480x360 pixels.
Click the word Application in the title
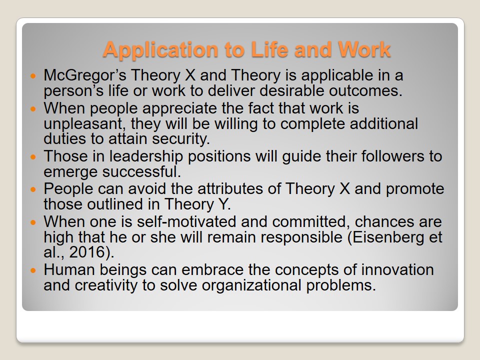(161, 50)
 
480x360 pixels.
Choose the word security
(181, 138)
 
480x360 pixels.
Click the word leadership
(146, 156)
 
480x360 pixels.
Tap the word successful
(141, 171)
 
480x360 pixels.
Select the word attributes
(230, 189)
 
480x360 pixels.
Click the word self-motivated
(186, 221)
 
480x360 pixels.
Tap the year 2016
(87, 252)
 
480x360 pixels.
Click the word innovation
(397, 269)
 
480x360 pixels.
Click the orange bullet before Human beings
(33, 270)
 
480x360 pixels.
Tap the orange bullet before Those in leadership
(33, 157)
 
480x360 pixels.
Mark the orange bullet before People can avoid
(33, 189)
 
